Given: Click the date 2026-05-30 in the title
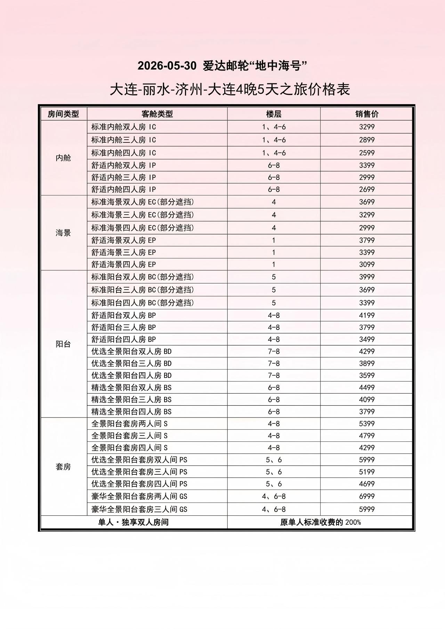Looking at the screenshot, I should [167, 66].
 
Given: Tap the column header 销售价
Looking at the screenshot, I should [367, 114].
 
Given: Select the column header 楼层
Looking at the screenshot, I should [274, 114].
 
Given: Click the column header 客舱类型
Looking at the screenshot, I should [157, 114].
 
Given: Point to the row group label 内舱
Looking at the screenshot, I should [63, 158].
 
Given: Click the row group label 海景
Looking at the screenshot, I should [63, 233].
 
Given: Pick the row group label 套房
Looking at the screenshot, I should [63, 467].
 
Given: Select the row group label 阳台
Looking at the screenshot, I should [63, 344].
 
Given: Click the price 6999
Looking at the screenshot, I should [367, 496].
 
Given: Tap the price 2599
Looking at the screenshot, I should [367, 153].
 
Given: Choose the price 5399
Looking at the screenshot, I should [367, 424].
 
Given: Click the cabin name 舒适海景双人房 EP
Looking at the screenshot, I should [124, 240].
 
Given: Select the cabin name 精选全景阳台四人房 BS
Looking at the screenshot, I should [131, 412].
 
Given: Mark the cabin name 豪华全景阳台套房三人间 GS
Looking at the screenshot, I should [139, 509].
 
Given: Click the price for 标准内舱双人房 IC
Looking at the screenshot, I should [367, 127].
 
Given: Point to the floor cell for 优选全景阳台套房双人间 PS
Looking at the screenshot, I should [274, 460].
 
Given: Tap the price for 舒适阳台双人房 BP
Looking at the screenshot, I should [367, 315].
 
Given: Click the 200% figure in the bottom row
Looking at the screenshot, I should [353, 522].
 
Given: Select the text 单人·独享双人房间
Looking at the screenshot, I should [134, 522].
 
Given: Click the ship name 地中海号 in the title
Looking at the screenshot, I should [278, 66].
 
